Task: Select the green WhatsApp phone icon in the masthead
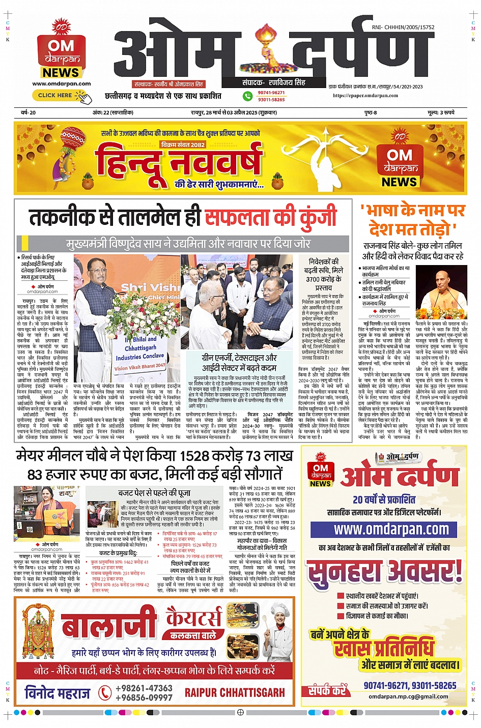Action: (247, 96)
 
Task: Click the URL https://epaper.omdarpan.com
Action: (365, 95)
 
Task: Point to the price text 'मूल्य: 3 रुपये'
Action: (441, 112)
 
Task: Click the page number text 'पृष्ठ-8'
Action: (371, 112)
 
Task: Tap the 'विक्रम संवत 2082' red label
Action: (183, 144)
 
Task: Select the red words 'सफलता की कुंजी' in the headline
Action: (270, 217)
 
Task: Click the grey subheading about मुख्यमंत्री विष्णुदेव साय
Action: (188, 244)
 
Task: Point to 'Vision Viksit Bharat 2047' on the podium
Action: (139, 367)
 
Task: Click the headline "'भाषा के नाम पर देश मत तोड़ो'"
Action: (412, 220)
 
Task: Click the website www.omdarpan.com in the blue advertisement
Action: (391, 530)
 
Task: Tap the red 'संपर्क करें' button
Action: (327, 690)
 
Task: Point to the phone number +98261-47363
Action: (144, 688)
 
